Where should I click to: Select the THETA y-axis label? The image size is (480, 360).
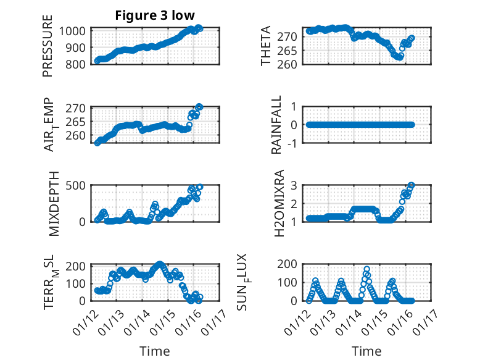pos(266,46)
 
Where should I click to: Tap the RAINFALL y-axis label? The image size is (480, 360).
pos(277,125)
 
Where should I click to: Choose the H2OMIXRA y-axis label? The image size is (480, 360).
pos(279,203)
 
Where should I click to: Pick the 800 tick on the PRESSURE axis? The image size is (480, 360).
pos(78,64)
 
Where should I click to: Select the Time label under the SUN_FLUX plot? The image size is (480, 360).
pos(366,351)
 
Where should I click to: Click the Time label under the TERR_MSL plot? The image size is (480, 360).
pos(155,351)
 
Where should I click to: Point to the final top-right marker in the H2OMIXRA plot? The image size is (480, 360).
pos(412,185)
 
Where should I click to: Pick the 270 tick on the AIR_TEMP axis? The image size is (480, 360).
pos(78,107)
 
